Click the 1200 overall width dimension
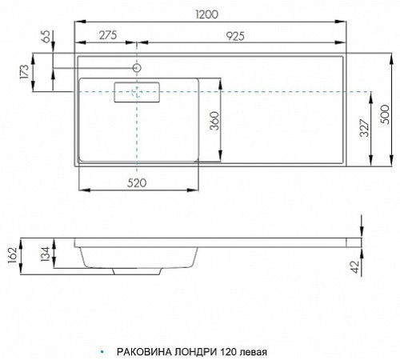[x=207, y=14]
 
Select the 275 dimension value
[x=108, y=35]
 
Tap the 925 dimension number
[x=235, y=36]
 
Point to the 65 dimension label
[x=46, y=36]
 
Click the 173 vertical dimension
[x=24, y=71]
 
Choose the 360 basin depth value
[x=214, y=121]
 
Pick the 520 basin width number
[x=137, y=183]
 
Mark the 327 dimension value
[x=364, y=128]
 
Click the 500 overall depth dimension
[x=385, y=114]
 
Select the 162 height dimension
[x=12, y=255]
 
